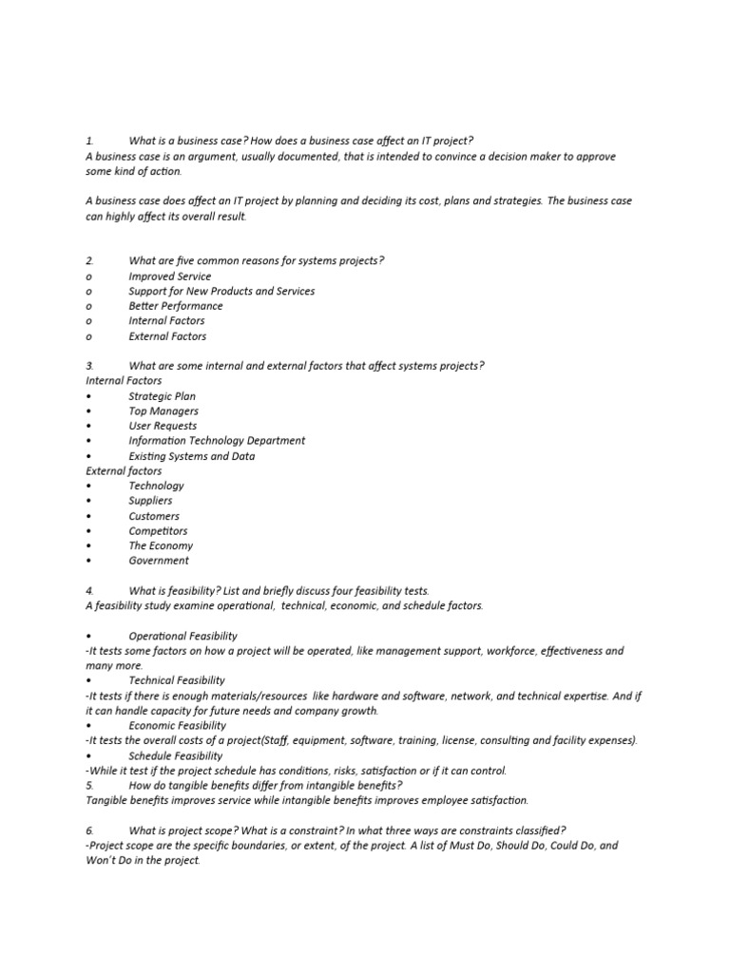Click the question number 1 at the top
pyautogui.click(x=88, y=142)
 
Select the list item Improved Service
pyautogui.click(x=170, y=277)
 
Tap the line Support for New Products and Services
pyautogui.click(x=221, y=292)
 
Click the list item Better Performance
pyautogui.click(x=176, y=306)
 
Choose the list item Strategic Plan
pyautogui.click(x=163, y=396)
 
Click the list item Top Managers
pyautogui.click(x=163, y=411)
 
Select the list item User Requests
pyautogui.click(x=163, y=426)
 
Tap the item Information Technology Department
pyautogui.click(x=217, y=441)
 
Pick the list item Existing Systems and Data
pyautogui.click(x=192, y=456)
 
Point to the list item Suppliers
pyautogui.click(x=151, y=501)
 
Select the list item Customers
pyautogui.click(x=154, y=516)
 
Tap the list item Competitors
pyautogui.click(x=159, y=531)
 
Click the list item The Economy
pyautogui.click(x=161, y=546)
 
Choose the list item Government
pyautogui.click(x=159, y=561)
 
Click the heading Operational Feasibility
pyautogui.click(x=183, y=636)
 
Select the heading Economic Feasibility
pyautogui.click(x=178, y=726)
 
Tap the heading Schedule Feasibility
pyautogui.click(x=176, y=756)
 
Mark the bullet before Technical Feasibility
pyautogui.click(x=88, y=680)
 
